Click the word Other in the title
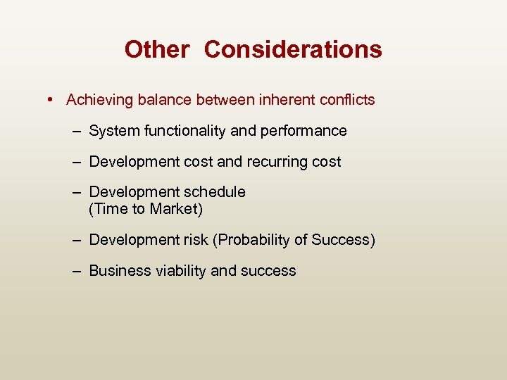tap(156, 50)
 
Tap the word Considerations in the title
tap(293, 50)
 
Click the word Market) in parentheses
tap(176, 208)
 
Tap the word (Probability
tap(253, 241)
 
